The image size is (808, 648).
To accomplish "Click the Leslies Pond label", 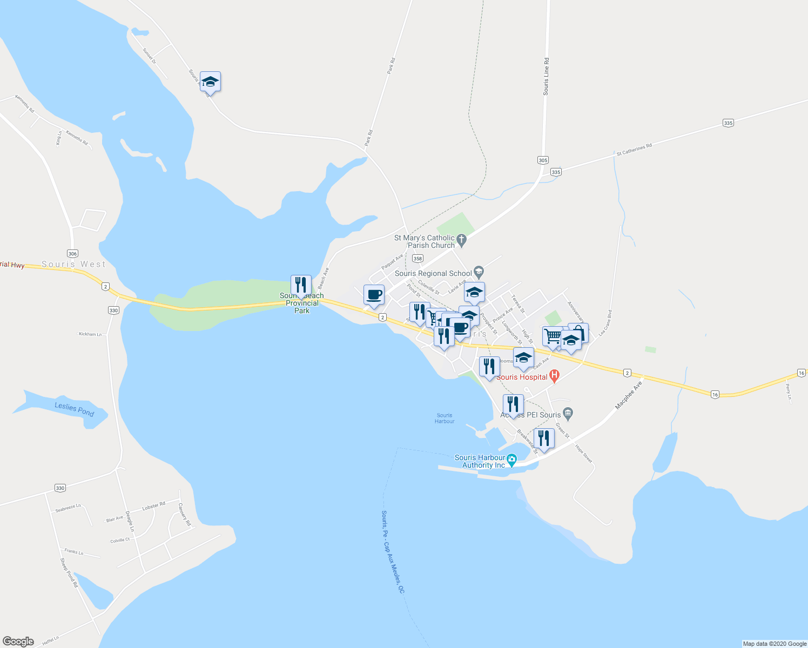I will (x=74, y=409).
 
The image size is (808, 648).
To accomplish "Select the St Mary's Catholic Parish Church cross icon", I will (x=461, y=239).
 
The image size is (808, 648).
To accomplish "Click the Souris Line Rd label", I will (x=546, y=77).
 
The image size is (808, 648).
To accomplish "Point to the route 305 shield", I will (x=543, y=160).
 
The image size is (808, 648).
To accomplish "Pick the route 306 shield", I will (x=73, y=253).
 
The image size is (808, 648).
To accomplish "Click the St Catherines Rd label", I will (x=634, y=150).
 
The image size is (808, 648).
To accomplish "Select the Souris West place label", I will (x=74, y=264).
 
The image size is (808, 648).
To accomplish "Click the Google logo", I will (x=18, y=641).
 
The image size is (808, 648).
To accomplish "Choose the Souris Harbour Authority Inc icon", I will (x=511, y=460).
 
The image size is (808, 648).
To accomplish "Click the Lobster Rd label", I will (x=153, y=507).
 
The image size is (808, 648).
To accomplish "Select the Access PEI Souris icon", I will (x=567, y=414).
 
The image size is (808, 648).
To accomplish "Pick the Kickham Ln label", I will (x=90, y=334).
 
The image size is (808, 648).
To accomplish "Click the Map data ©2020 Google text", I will (x=775, y=644).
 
